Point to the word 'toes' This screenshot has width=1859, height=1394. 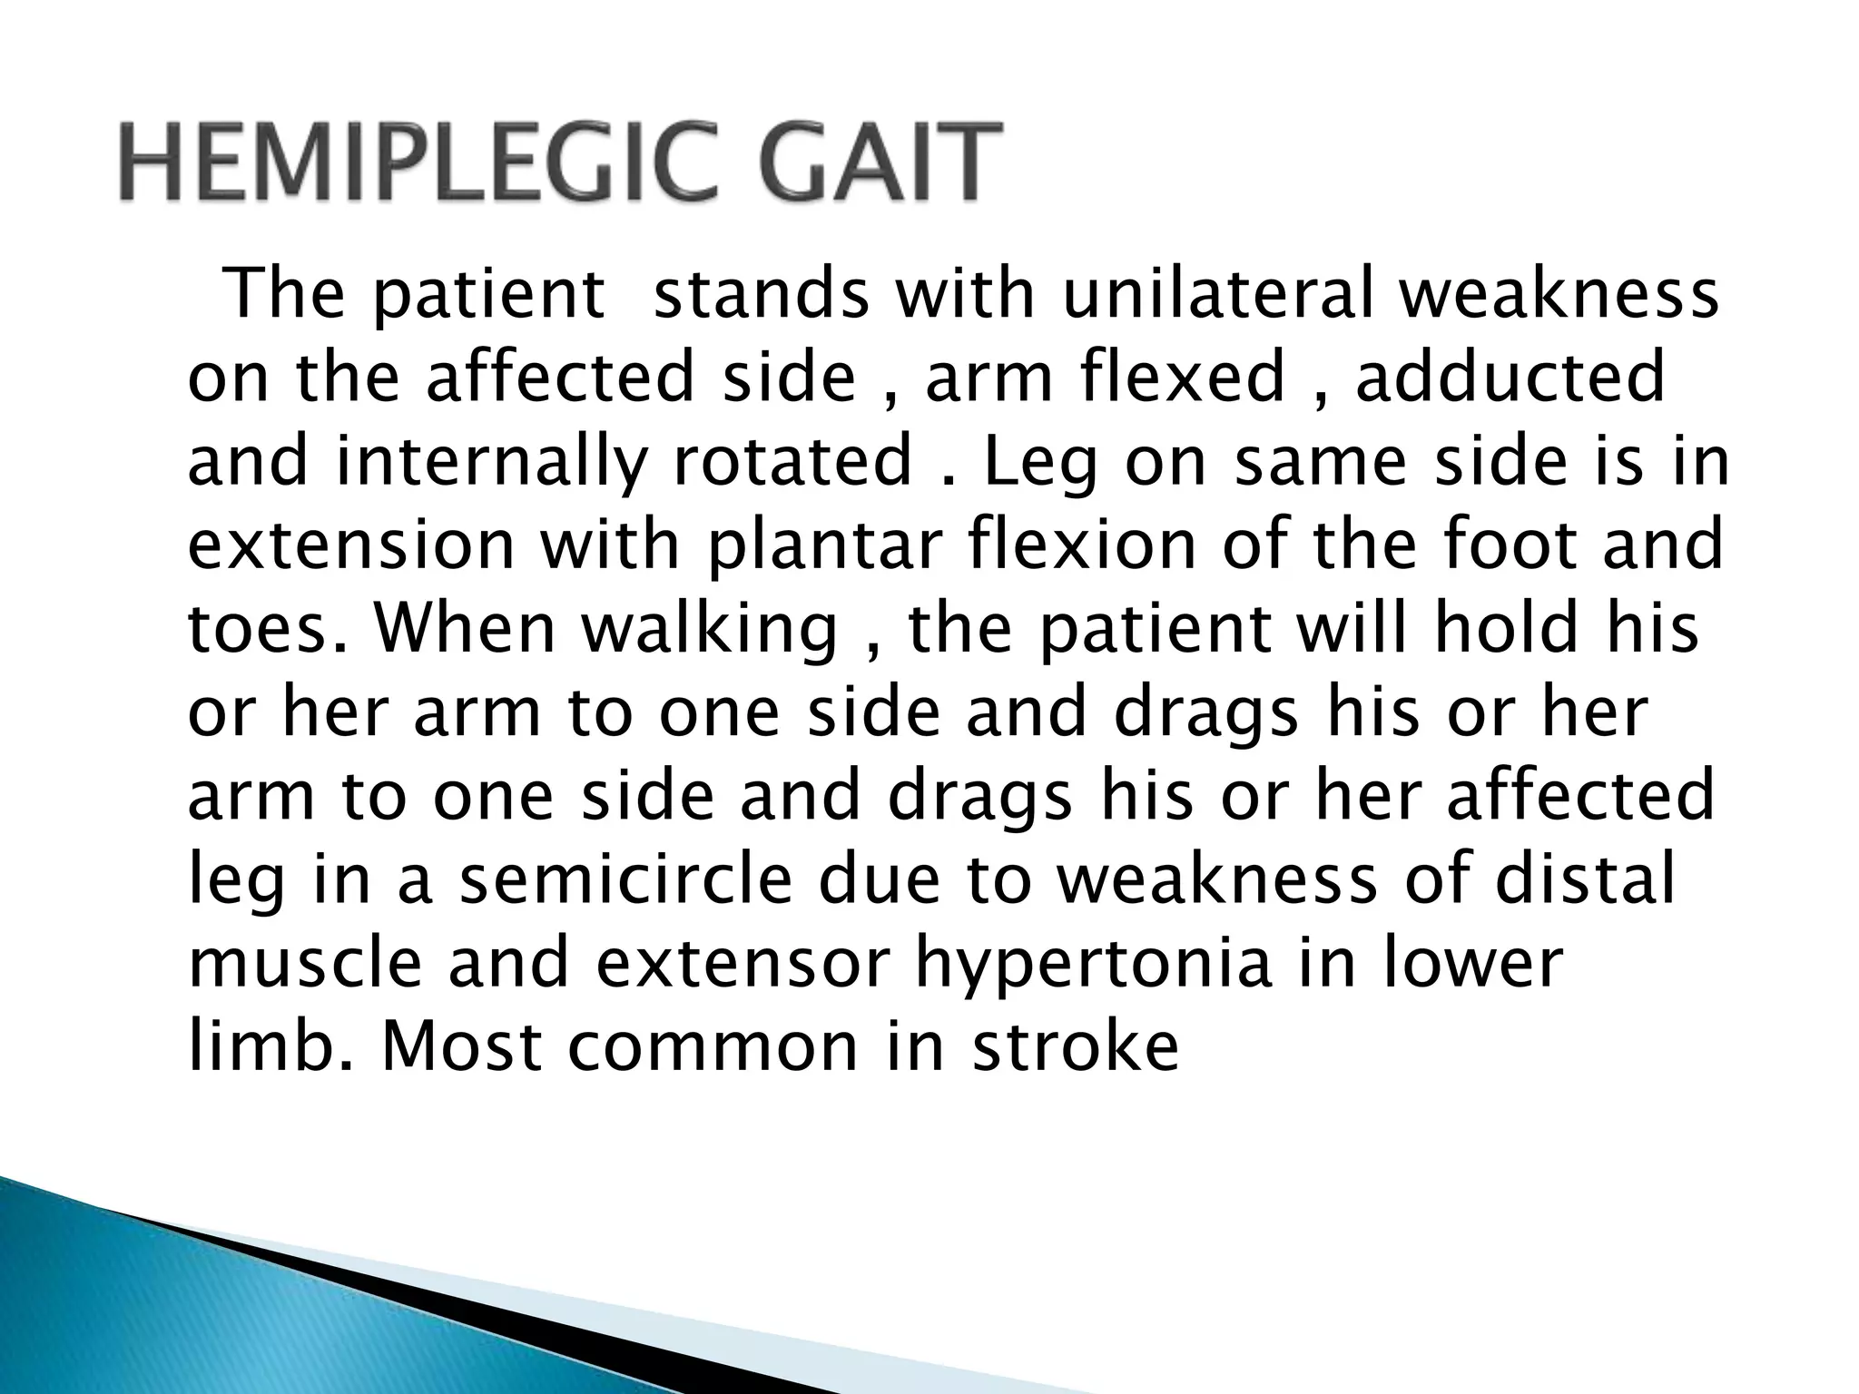[267, 628]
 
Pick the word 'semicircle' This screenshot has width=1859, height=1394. [625, 879]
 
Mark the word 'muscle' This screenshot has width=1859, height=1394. [305, 963]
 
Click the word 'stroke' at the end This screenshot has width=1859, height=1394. [1075, 1046]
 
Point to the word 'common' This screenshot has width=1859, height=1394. [712, 1046]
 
